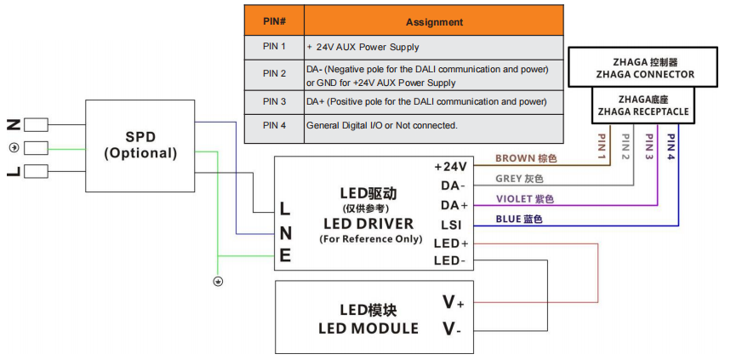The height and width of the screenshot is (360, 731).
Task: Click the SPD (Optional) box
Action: click(x=140, y=146)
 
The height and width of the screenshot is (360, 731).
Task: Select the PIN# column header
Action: click(x=273, y=22)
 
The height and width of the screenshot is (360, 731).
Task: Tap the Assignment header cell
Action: click(x=434, y=22)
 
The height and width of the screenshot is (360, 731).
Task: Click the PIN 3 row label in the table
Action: click(x=273, y=102)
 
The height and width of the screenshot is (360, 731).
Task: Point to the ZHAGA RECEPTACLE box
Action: click(x=642, y=106)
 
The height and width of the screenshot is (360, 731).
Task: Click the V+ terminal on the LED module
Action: click(x=453, y=302)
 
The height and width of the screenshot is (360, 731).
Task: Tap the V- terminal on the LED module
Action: click(x=453, y=329)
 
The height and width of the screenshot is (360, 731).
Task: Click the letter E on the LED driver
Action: click(x=286, y=255)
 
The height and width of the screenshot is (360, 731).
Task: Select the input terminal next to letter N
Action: click(x=35, y=124)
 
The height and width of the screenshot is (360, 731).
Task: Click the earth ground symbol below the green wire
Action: click(x=218, y=282)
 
